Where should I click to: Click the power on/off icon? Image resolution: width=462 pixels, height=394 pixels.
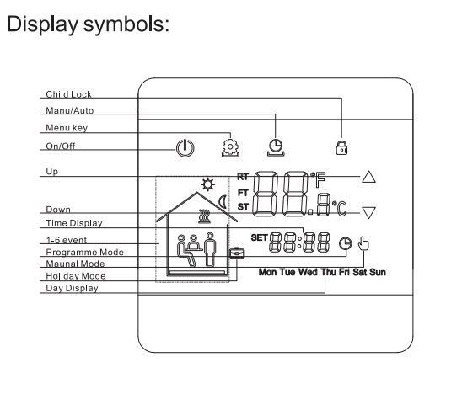tap(185, 148)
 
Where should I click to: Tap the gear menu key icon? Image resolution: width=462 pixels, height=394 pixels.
tap(230, 147)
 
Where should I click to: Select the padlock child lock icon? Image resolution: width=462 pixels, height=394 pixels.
tap(341, 147)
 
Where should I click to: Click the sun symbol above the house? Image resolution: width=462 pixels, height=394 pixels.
tap(207, 184)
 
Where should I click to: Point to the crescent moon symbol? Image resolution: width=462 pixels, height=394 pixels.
tap(223, 202)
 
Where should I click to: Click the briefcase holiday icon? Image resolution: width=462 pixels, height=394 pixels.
tap(237, 253)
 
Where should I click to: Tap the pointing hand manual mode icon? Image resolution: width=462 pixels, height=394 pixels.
tap(363, 244)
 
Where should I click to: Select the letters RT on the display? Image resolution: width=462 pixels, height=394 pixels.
tap(243, 177)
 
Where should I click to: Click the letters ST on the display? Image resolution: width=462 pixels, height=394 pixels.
tap(243, 207)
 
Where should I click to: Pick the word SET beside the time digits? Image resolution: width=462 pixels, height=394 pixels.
tap(259, 237)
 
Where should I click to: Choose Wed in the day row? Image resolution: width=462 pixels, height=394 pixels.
tap(308, 272)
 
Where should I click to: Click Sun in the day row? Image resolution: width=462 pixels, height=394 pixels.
tap(378, 272)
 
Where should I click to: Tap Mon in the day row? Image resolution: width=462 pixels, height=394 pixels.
tap(268, 272)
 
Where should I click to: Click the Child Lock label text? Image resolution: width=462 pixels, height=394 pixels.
tap(68, 94)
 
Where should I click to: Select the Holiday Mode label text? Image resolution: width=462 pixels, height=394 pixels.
tap(76, 276)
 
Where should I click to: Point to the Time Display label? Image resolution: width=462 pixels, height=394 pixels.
tap(74, 223)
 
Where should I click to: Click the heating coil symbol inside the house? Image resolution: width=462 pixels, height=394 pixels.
tap(205, 216)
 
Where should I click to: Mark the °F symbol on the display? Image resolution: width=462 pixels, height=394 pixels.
tap(318, 179)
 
